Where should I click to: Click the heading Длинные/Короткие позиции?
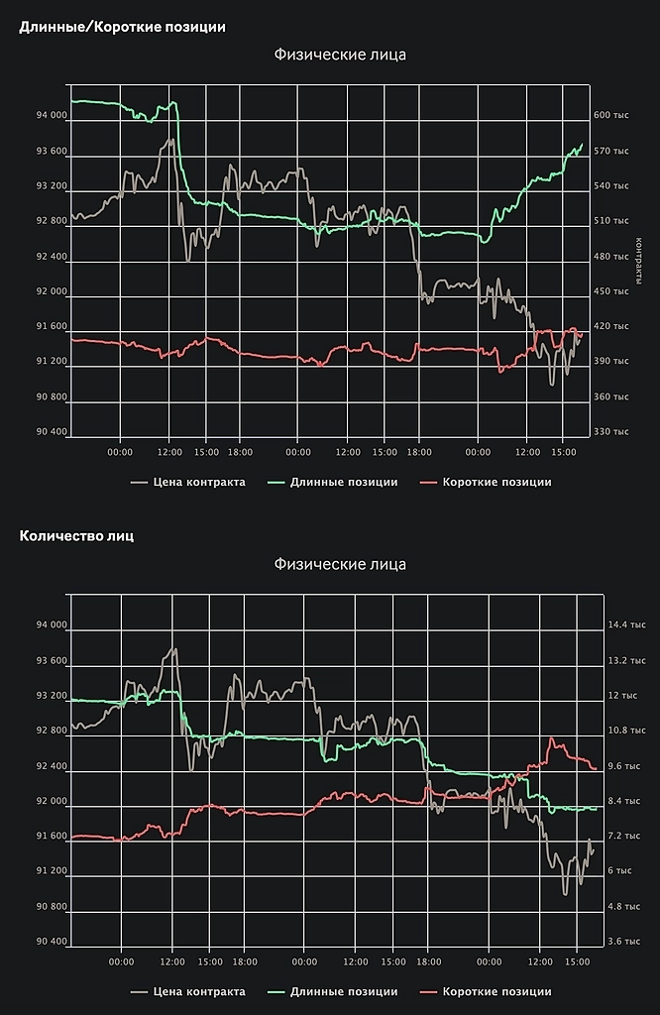(122, 27)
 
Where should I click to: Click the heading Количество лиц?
(76, 536)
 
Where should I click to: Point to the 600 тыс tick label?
(611, 115)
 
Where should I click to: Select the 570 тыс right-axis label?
(611, 151)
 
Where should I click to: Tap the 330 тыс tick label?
(611, 431)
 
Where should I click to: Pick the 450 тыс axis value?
(611, 291)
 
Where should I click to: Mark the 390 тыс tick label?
(611, 362)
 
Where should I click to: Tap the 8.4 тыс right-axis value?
(623, 801)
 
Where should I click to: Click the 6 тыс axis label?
(619, 870)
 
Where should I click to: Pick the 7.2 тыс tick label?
(623, 836)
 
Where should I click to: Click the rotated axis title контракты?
(641, 257)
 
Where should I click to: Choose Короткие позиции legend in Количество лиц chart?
(496, 991)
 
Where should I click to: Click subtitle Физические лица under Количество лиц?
(339, 565)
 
